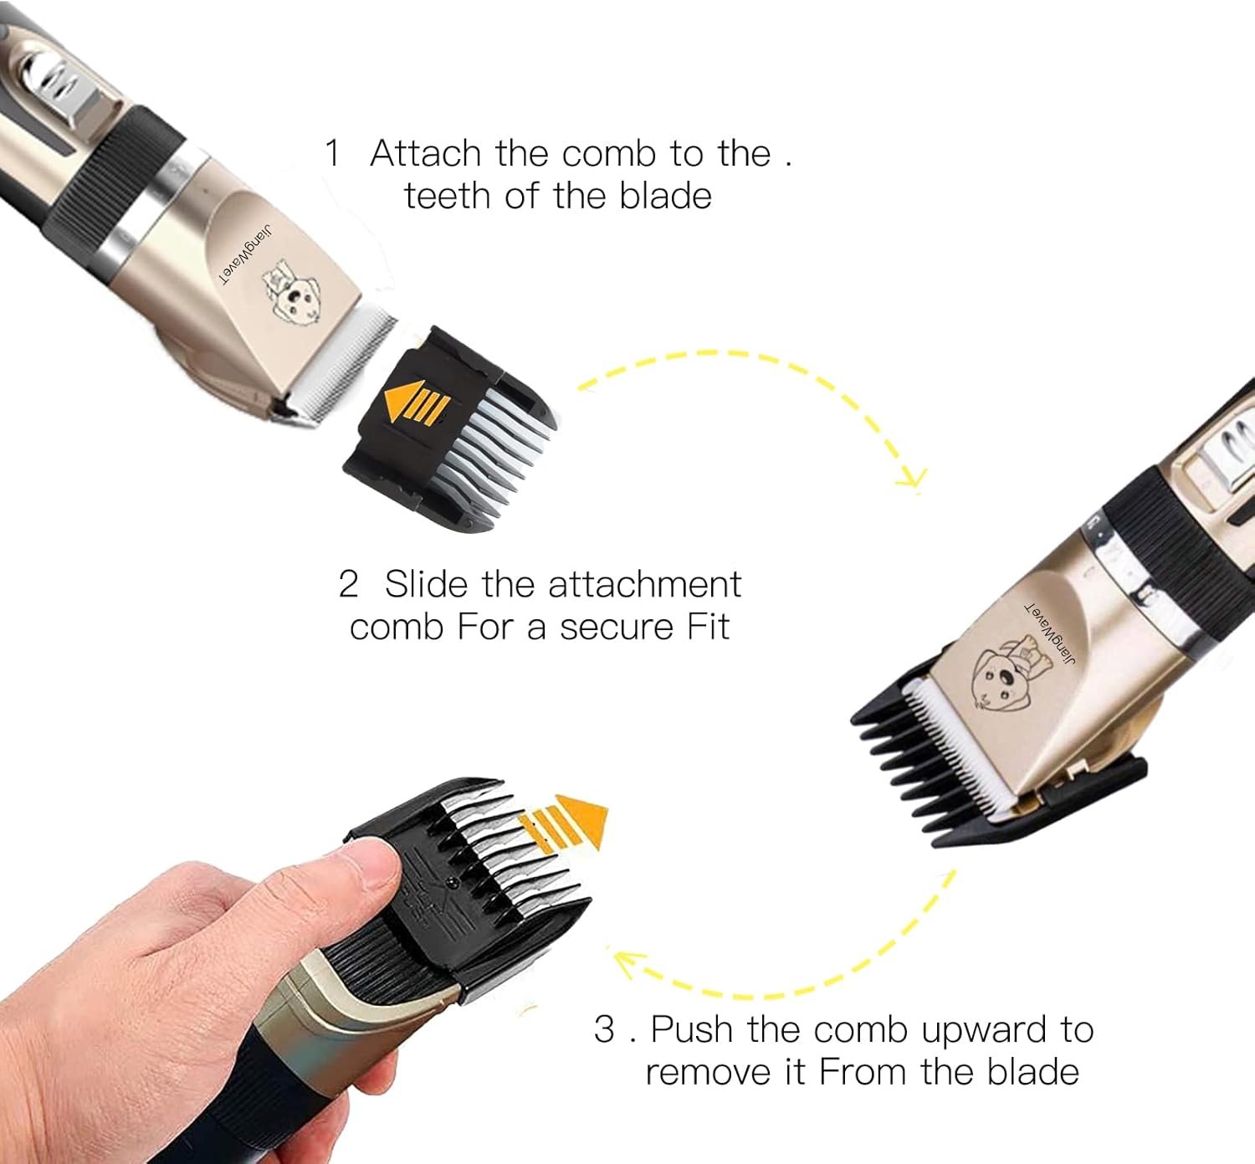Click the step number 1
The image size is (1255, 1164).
(x=332, y=154)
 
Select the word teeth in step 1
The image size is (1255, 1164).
(x=448, y=195)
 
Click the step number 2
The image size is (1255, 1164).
(x=348, y=584)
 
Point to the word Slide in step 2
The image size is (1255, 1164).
(x=428, y=583)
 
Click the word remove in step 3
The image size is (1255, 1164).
(x=710, y=1072)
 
